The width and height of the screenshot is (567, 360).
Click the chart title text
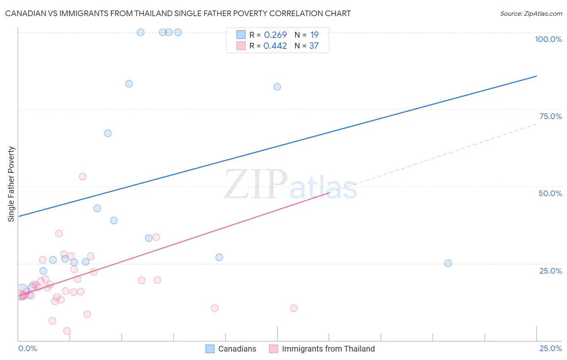pos(178,13)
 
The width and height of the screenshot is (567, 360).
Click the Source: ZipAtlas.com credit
pos(531,13)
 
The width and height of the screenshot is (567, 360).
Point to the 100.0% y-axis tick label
pos(548,39)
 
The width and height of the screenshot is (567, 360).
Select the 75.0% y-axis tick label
pos(550,116)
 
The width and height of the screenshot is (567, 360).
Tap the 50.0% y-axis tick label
pos(550,193)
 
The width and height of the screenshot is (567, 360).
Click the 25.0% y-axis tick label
pos(550,271)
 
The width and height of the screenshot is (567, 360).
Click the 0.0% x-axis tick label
pos(27,348)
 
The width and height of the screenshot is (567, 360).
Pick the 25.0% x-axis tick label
pos(550,348)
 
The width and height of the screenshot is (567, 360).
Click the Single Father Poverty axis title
pos(11,184)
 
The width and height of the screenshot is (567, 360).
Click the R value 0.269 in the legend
pos(275,35)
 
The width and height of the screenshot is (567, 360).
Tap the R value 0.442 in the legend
pos(275,46)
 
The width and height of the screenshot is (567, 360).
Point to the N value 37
pos(314,46)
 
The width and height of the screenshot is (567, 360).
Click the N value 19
pos(314,35)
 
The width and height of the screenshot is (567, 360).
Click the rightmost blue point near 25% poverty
pos(448,263)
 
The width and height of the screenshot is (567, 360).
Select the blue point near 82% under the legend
pos(277,87)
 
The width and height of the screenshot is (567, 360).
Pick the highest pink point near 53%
pos(83,176)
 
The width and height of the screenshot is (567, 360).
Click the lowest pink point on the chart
pos(67,331)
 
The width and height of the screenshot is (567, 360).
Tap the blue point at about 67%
pos(108,133)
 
